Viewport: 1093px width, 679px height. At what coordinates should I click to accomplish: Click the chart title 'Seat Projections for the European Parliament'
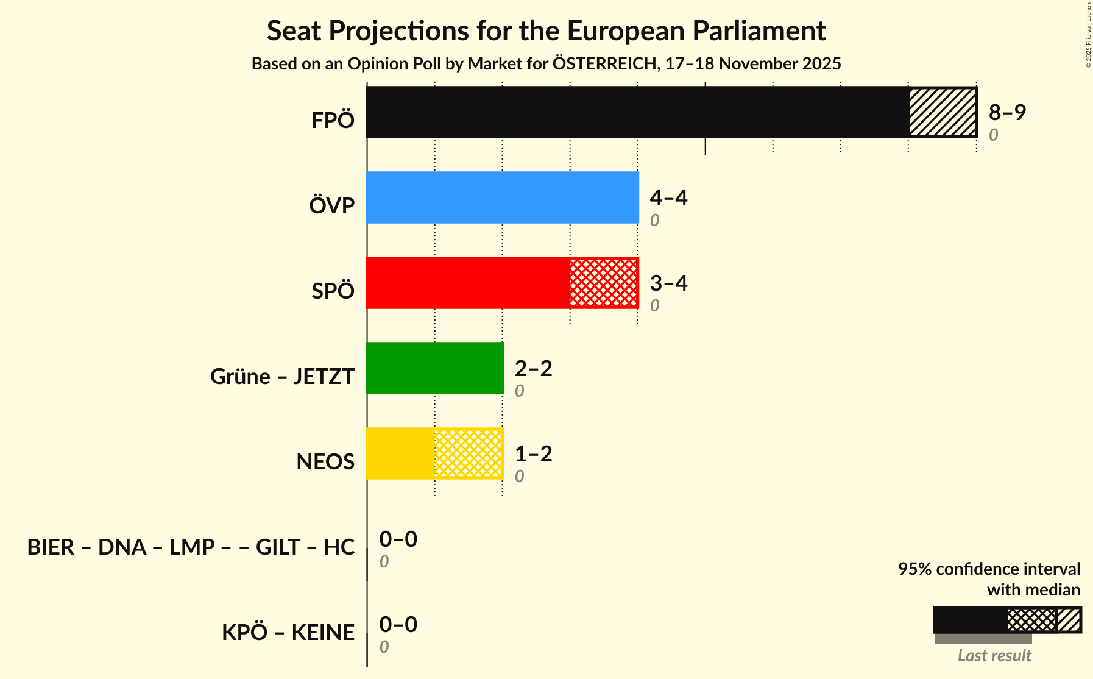point(546,31)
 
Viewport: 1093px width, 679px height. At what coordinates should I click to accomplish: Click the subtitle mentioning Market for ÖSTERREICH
point(546,64)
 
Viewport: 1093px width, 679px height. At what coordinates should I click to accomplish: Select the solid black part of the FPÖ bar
point(637,112)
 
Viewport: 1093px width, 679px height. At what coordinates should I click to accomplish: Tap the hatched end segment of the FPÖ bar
point(943,112)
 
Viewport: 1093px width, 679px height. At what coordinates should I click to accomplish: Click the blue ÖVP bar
point(502,197)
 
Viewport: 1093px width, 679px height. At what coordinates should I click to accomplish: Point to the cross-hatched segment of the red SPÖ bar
point(604,283)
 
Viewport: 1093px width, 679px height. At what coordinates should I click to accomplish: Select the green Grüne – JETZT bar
point(434,368)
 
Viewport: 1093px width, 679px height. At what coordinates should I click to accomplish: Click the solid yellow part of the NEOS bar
point(400,453)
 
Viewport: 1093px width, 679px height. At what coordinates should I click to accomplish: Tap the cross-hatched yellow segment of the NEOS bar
point(469,453)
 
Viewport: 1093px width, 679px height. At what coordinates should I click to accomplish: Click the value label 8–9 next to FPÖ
point(1007,112)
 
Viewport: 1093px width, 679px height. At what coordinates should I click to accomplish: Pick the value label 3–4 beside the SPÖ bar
point(668,283)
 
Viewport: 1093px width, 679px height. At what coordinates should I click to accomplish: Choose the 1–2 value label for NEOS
point(533,453)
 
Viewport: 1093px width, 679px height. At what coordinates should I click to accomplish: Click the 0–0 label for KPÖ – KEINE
point(398,624)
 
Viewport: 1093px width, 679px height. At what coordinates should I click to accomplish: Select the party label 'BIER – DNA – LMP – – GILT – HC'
point(191,547)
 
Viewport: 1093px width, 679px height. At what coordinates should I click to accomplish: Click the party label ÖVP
point(331,206)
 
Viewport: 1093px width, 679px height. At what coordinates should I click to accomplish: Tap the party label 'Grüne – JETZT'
point(282,377)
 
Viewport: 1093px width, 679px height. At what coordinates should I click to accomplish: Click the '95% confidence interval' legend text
point(989,569)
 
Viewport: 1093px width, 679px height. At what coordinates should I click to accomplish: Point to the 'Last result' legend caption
point(994,656)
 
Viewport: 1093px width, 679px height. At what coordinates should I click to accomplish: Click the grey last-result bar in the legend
point(983,639)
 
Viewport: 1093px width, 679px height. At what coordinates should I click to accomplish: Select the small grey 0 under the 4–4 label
point(654,221)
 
